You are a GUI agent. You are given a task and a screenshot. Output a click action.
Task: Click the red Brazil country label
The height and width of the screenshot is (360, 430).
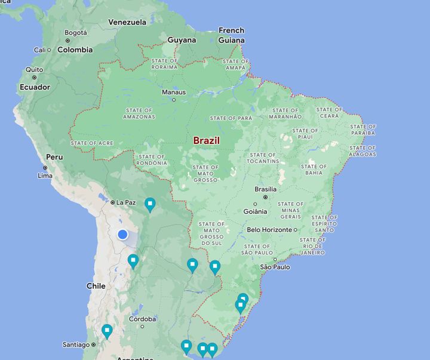click(206, 141)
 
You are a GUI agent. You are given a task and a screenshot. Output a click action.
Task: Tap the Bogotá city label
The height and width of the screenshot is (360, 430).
click(75, 32)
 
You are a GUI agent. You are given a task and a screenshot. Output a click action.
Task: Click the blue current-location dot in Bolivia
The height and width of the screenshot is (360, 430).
click(122, 235)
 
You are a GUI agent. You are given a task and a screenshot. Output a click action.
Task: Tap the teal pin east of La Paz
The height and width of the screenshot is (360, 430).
click(150, 205)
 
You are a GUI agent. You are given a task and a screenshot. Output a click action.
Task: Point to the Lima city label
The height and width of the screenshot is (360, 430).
click(45, 176)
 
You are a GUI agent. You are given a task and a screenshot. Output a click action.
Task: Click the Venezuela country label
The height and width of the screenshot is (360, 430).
click(127, 22)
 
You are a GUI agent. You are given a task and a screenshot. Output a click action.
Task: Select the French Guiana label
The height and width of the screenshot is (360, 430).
click(231, 35)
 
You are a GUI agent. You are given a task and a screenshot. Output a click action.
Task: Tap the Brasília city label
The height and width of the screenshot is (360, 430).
click(265, 189)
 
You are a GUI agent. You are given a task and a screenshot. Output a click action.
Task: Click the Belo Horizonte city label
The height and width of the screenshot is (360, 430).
click(269, 229)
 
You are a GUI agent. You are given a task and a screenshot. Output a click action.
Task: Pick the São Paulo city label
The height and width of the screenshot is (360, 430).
click(274, 267)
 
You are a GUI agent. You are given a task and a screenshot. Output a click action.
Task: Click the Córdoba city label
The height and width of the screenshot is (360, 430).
click(143, 319)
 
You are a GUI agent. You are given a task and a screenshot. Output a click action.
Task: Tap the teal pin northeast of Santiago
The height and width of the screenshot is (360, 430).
click(107, 330)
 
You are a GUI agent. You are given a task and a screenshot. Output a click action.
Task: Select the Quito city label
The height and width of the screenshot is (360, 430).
click(34, 70)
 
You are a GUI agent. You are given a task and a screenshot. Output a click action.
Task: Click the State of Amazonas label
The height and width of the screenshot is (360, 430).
click(139, 113)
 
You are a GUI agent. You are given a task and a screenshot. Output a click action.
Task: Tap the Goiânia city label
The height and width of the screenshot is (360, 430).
click(255, 211)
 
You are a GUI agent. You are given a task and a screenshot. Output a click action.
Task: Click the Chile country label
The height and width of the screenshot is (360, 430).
click(96, 286)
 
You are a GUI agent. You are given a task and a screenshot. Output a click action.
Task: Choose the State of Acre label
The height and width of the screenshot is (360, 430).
click(91, 143)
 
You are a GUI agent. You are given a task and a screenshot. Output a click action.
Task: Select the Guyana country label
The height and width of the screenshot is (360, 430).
click(182, 40)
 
